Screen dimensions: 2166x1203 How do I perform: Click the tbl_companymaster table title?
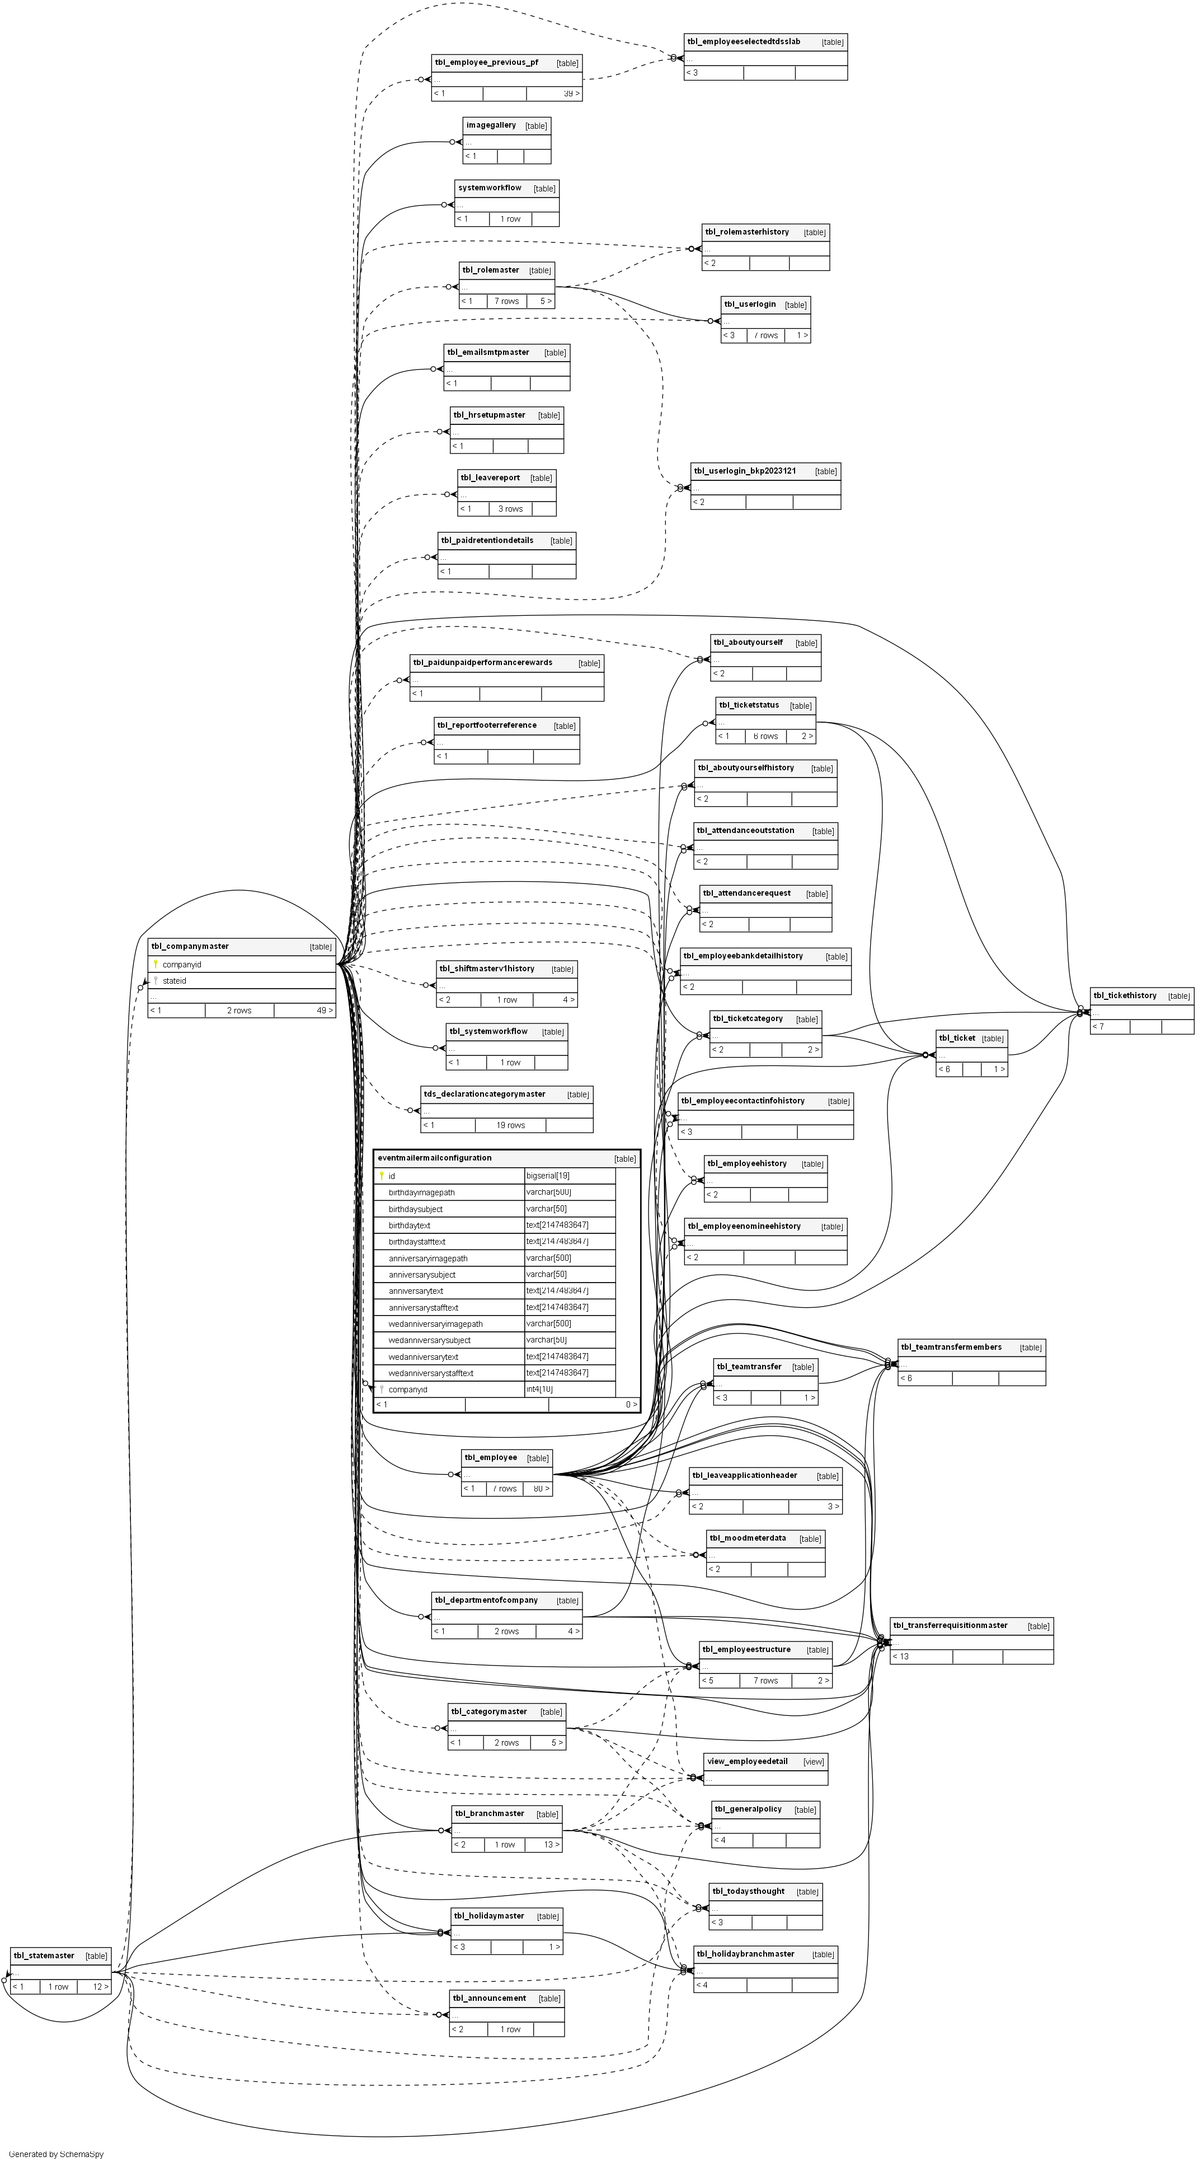tap(190, 946)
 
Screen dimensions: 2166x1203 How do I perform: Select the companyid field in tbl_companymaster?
tap(182, 965)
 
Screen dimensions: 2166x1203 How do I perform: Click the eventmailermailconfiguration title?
tap(435, 1158)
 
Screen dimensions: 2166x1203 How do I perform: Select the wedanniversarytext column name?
tap(423, 1357)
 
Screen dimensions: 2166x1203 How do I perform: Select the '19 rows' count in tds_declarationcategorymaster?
tap(510, 1125)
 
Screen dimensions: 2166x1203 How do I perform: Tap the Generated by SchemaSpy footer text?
tap(57, 2154)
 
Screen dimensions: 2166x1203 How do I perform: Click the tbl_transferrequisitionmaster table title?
tap(950, 1625)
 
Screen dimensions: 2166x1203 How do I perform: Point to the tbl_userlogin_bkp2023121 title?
tap(745, 471)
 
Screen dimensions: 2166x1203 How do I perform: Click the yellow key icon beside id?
tap(382, 1176)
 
